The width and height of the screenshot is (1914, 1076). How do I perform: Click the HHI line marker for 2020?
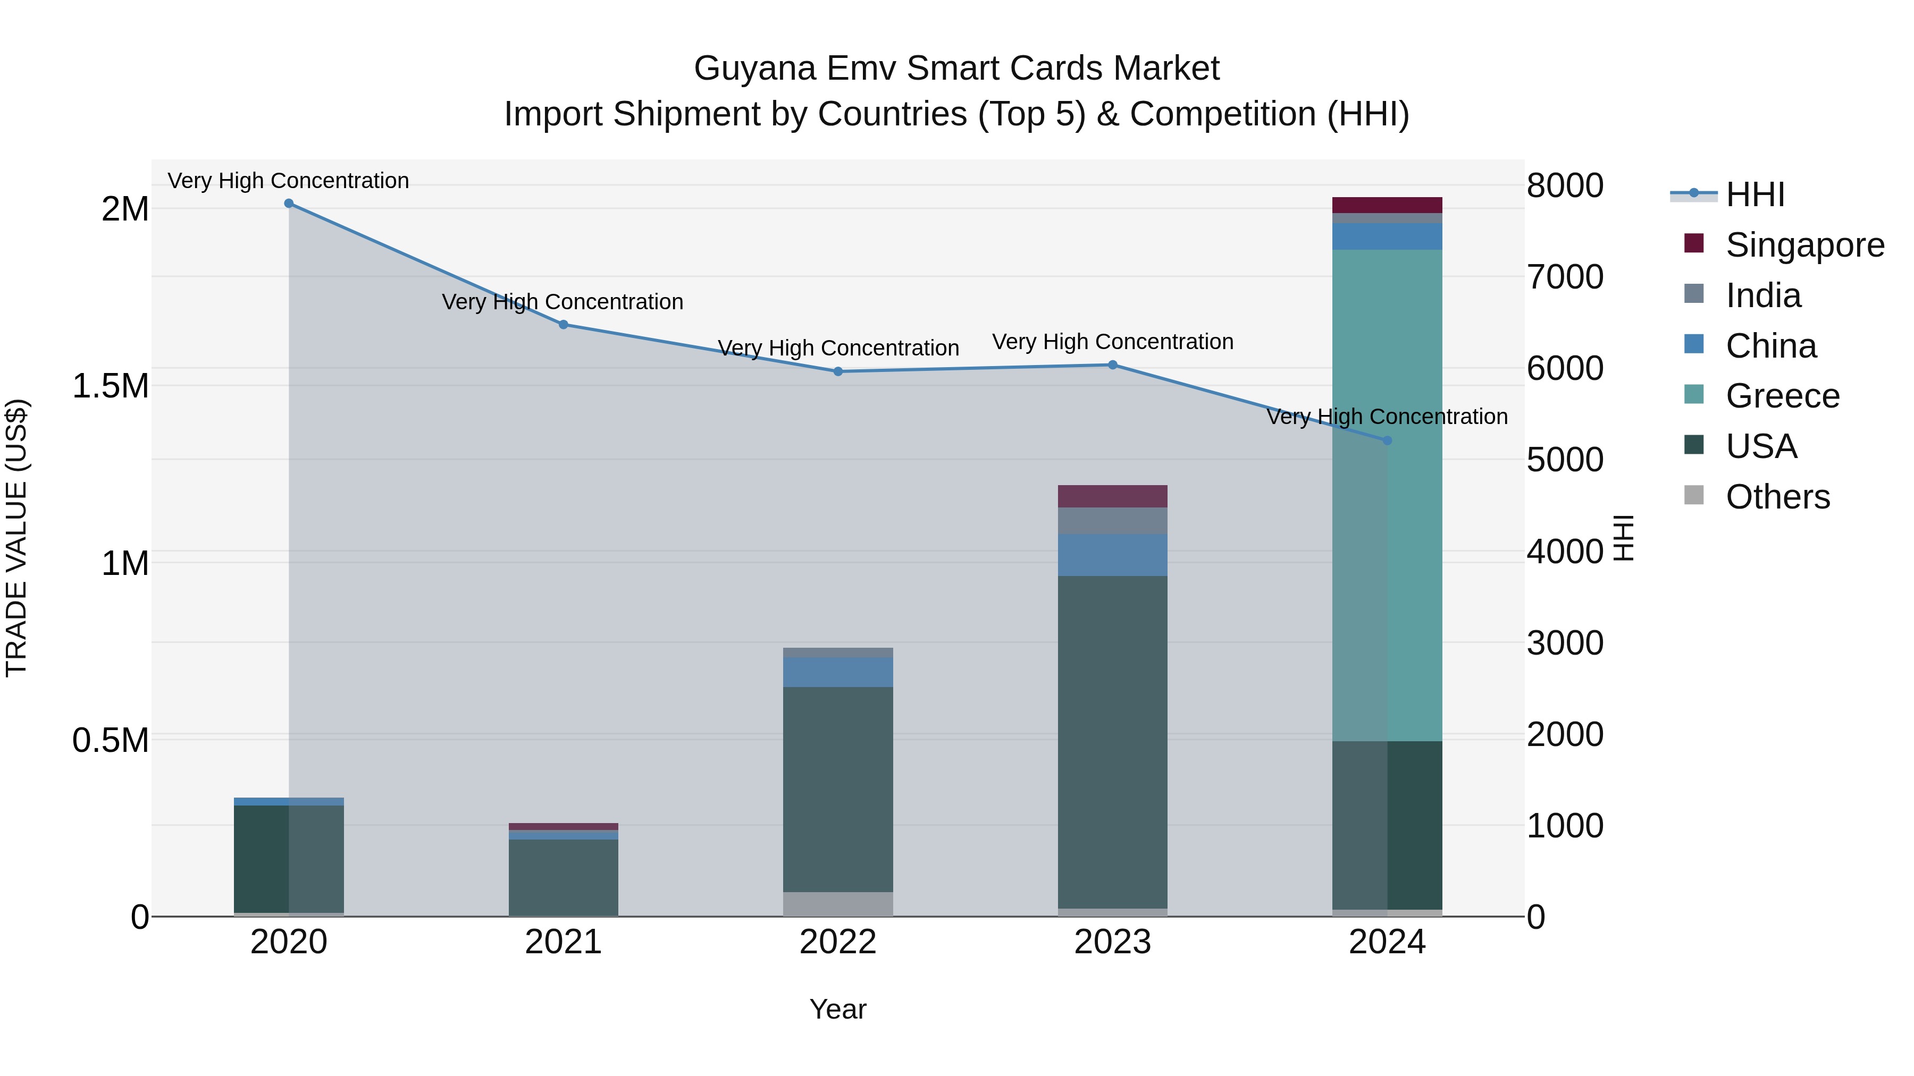point(289,204)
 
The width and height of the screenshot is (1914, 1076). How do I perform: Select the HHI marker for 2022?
point(838,371)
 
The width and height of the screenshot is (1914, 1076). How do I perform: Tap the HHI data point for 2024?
point(1387,440)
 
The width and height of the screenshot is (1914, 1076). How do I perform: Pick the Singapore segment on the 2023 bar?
point(1112,496)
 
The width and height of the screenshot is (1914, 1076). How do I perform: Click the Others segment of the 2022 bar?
point(838,904)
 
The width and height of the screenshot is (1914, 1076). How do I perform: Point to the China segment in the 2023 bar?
point(1112,555)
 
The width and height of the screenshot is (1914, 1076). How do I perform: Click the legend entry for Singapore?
point(1804,245)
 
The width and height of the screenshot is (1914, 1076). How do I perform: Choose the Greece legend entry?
point(1782,396)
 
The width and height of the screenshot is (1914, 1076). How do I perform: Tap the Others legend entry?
point(1777,497)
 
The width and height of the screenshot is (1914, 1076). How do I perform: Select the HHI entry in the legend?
point(1754,194)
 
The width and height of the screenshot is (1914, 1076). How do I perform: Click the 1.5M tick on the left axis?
point(111,386)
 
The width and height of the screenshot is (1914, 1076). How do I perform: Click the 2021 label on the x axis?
point(563,942)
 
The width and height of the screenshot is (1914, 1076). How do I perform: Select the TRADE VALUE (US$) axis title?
point(17,538)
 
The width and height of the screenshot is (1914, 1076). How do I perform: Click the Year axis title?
point(837,1009)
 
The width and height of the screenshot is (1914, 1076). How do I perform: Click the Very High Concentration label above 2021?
point(563,302)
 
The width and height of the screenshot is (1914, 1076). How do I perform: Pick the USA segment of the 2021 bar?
point(563,876)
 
